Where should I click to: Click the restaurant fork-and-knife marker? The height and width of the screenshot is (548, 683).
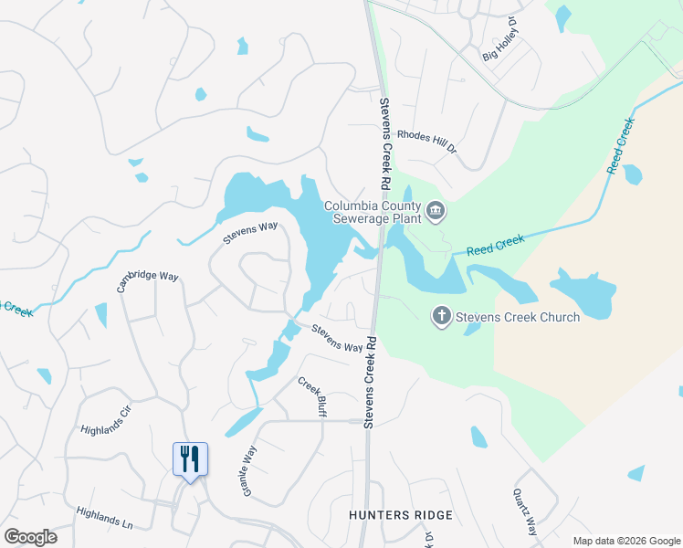click(190, 458)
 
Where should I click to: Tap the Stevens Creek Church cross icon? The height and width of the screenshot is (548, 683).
click(441, 317)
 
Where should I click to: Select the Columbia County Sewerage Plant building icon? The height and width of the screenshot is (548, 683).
click(436, 212)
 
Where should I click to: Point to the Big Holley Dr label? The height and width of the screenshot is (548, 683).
click(501, 44)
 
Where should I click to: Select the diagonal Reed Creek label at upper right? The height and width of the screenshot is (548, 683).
click(621, 145)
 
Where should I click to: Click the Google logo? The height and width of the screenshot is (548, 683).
click(30, 537)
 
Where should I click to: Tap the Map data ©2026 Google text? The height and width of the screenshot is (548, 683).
click(625, 541)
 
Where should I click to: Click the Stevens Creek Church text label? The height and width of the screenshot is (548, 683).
click(517, 318)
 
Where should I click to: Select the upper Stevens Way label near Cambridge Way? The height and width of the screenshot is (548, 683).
click(250, 233)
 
